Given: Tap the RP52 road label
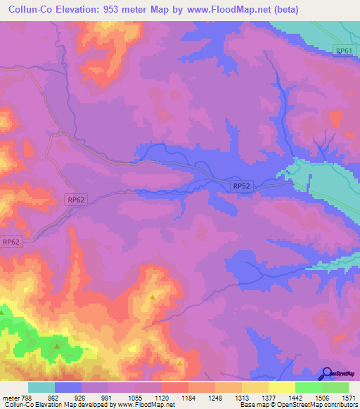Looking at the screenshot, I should [x=241, y=186].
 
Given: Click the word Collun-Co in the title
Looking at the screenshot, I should [x=30, y=9].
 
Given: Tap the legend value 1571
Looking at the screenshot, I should [x=349, y=397].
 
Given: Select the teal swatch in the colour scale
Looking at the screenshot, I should [x=41, y=387].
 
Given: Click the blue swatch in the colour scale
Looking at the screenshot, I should [x=67, y=387].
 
